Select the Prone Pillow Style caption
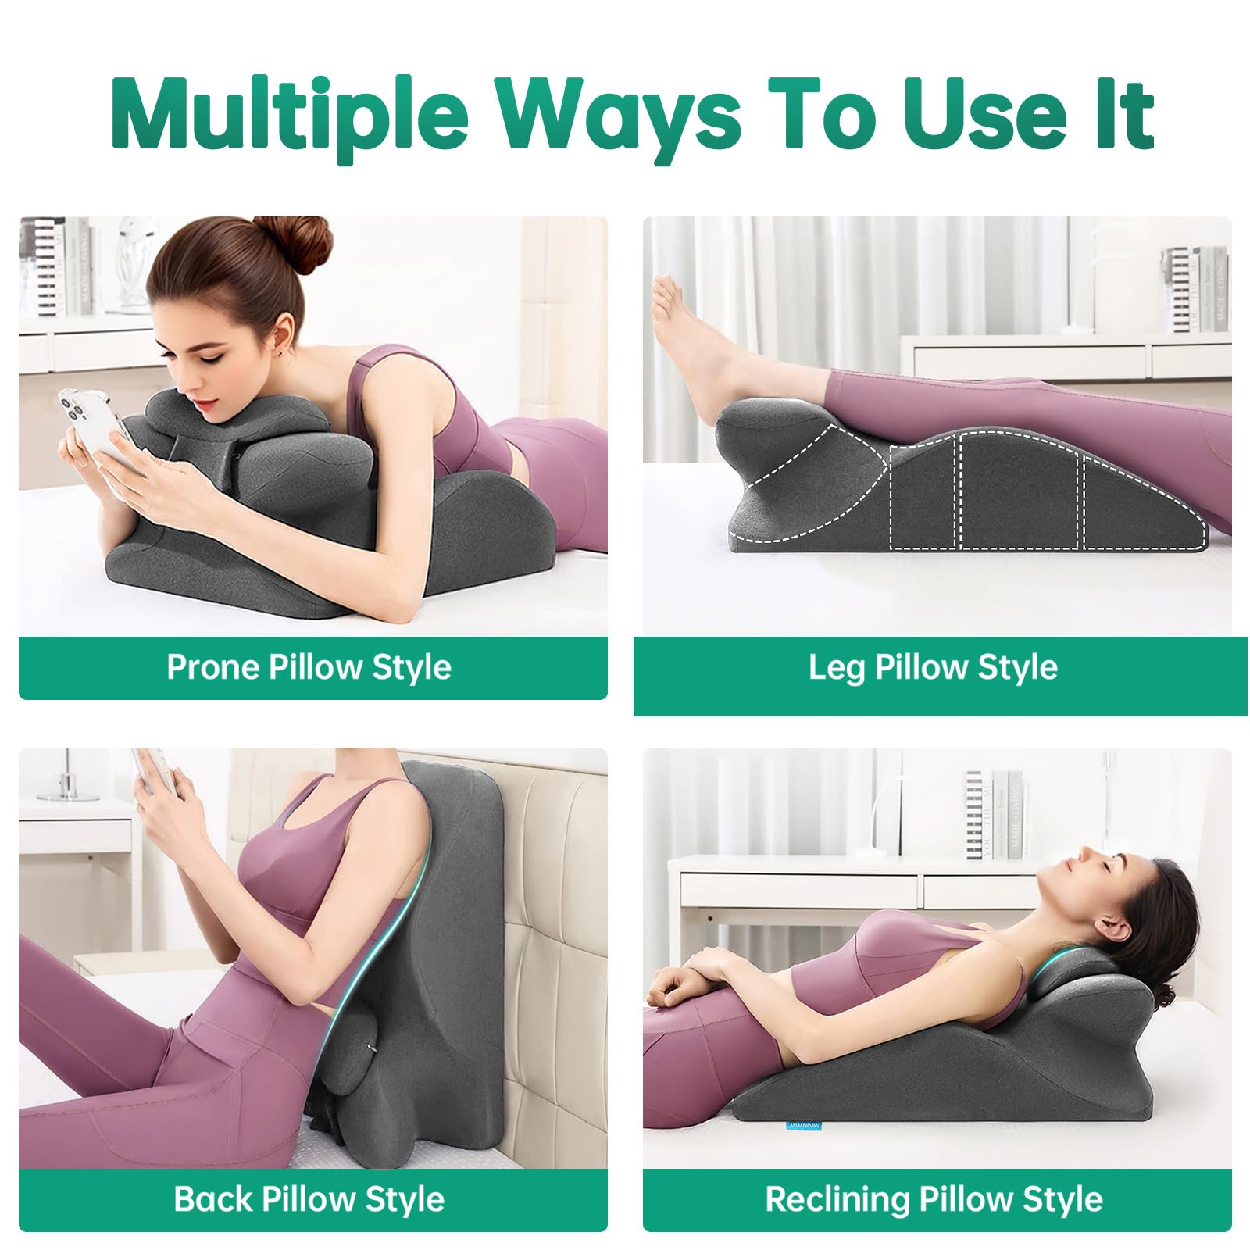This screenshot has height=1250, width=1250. pos(309,668)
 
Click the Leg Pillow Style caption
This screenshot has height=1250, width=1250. pos(933,668)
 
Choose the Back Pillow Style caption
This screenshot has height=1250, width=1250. pos(309,1199)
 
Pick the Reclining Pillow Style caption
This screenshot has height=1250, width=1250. pos(934,1199)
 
